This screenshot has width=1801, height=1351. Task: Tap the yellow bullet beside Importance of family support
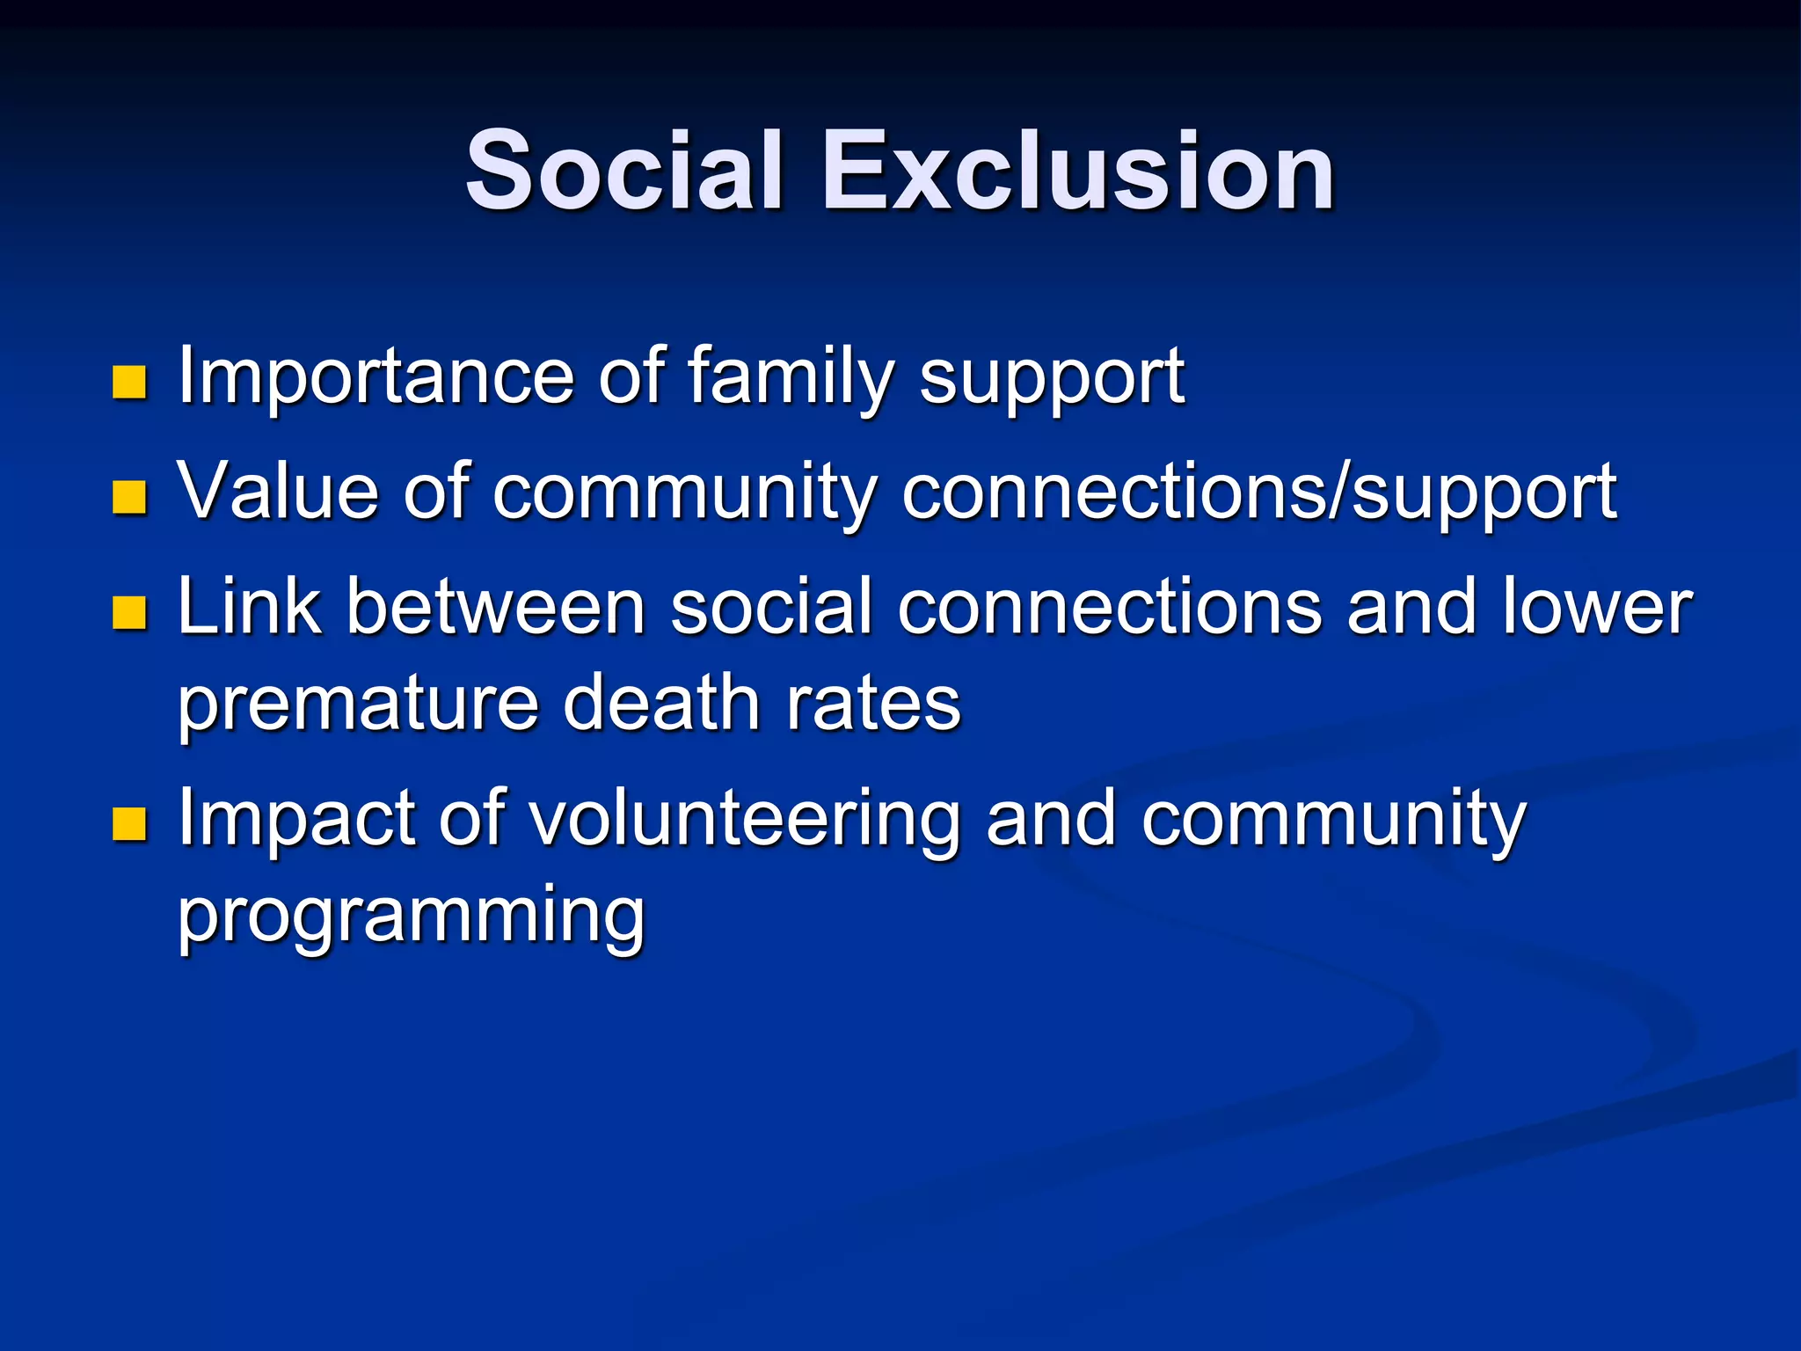[129, 383]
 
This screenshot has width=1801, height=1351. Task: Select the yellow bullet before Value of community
[129, 497]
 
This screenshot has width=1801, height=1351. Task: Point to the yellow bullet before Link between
[129, 612]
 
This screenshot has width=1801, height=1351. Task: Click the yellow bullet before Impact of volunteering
[129, 824]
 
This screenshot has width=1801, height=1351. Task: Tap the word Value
[278, 491]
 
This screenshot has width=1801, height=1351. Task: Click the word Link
[249, 606]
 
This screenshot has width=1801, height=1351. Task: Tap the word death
[662, 703]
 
